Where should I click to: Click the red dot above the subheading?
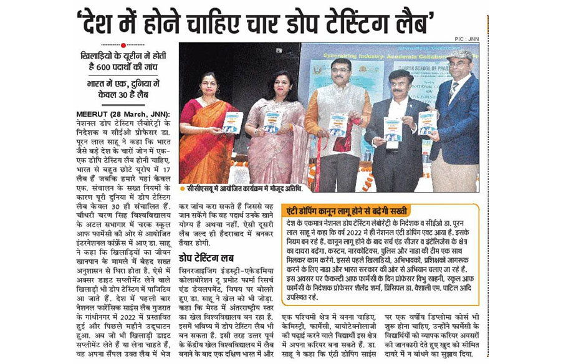tap(123, 45)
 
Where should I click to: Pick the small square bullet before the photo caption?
tap(182, 187)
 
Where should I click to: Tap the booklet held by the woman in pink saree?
tap(272, 121)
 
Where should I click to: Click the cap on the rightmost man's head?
tap(460, 55)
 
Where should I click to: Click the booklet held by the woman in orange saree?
tap(232, 123)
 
